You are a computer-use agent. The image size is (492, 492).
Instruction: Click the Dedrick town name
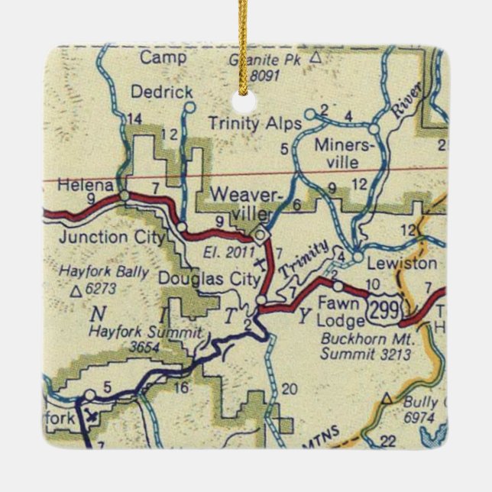coord(161,92)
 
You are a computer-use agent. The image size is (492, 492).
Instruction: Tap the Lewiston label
coord(401,264)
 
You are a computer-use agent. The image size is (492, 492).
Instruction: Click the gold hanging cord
coord(246,42)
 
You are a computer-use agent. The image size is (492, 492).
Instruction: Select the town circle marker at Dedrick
coord(189,107)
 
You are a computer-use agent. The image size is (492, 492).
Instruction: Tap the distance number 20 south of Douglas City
coord(288,389)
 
